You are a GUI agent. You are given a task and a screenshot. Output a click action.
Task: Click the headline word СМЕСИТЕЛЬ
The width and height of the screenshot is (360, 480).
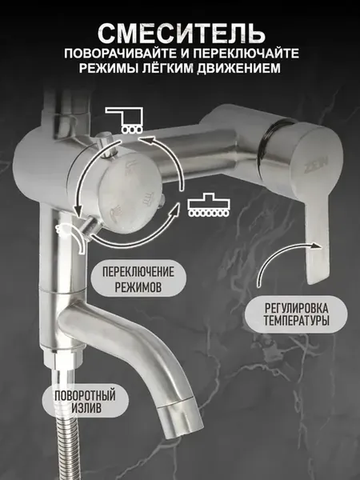pos(181,33)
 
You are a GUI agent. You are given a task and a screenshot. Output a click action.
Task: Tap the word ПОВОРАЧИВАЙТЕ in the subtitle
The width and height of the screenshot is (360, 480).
pos(121,54)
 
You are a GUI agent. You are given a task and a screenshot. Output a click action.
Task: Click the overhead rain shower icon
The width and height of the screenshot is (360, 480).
pos(124,120)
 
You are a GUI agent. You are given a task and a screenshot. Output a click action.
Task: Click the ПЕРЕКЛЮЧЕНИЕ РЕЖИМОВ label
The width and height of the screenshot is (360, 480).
pos(138,278)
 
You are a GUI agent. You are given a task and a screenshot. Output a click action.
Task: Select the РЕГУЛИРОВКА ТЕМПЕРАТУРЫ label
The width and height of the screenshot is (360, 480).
pos(296,314)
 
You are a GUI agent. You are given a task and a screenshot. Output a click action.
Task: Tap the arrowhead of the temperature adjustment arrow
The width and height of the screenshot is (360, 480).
pos(316,246)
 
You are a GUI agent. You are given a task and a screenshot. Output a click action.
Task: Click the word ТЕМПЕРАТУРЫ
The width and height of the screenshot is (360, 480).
pos(296,321)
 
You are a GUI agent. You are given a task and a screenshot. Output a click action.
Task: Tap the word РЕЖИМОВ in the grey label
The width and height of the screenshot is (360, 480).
pos(138,287)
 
